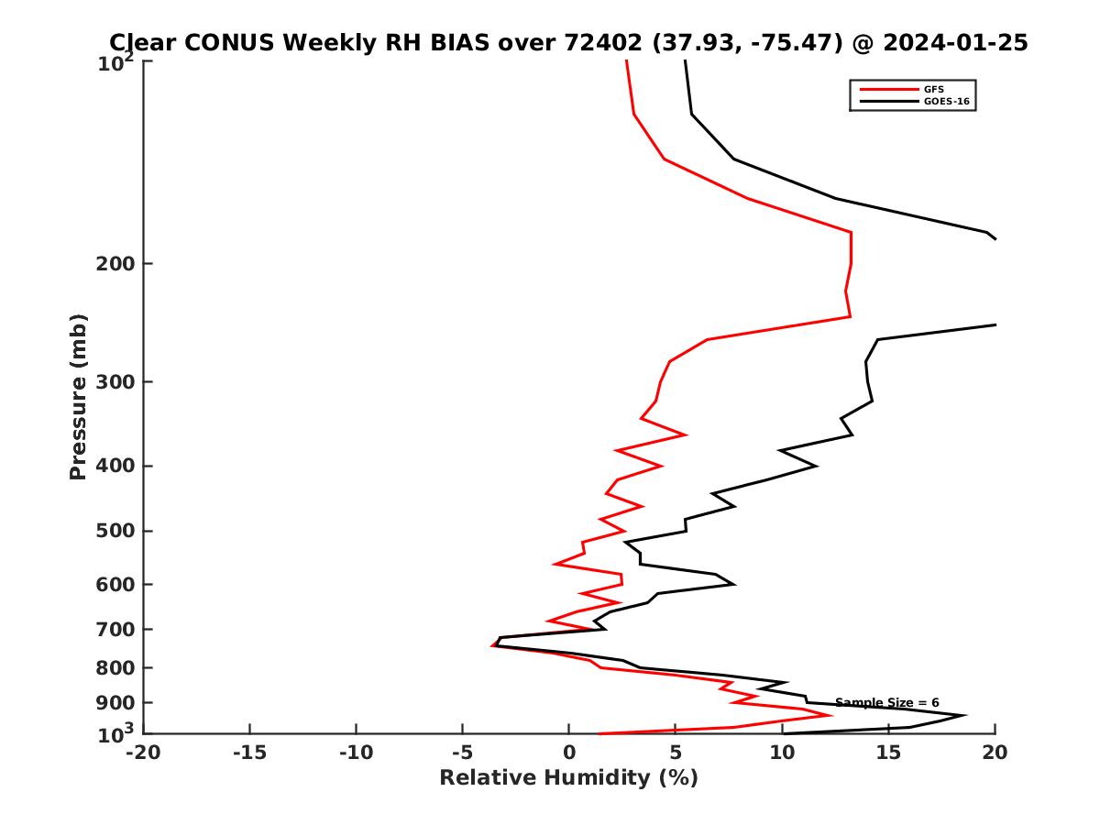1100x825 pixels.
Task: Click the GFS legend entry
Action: (x=934, y=89)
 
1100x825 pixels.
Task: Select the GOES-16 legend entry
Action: (x=946, y=102)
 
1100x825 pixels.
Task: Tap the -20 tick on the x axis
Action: (x=143, y=753)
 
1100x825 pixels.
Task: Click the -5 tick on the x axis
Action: (x=462, y=753)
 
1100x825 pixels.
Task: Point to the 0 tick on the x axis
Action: (x=569, y=753)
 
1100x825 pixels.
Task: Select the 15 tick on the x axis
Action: (x=888, y=753)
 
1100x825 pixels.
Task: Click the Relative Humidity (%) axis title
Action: (x=568, y=778)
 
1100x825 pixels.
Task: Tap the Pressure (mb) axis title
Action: (x=78, y=396)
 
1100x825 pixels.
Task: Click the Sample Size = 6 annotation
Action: (x=886, y=703)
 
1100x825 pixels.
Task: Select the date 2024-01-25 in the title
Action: (x=953, y=42)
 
